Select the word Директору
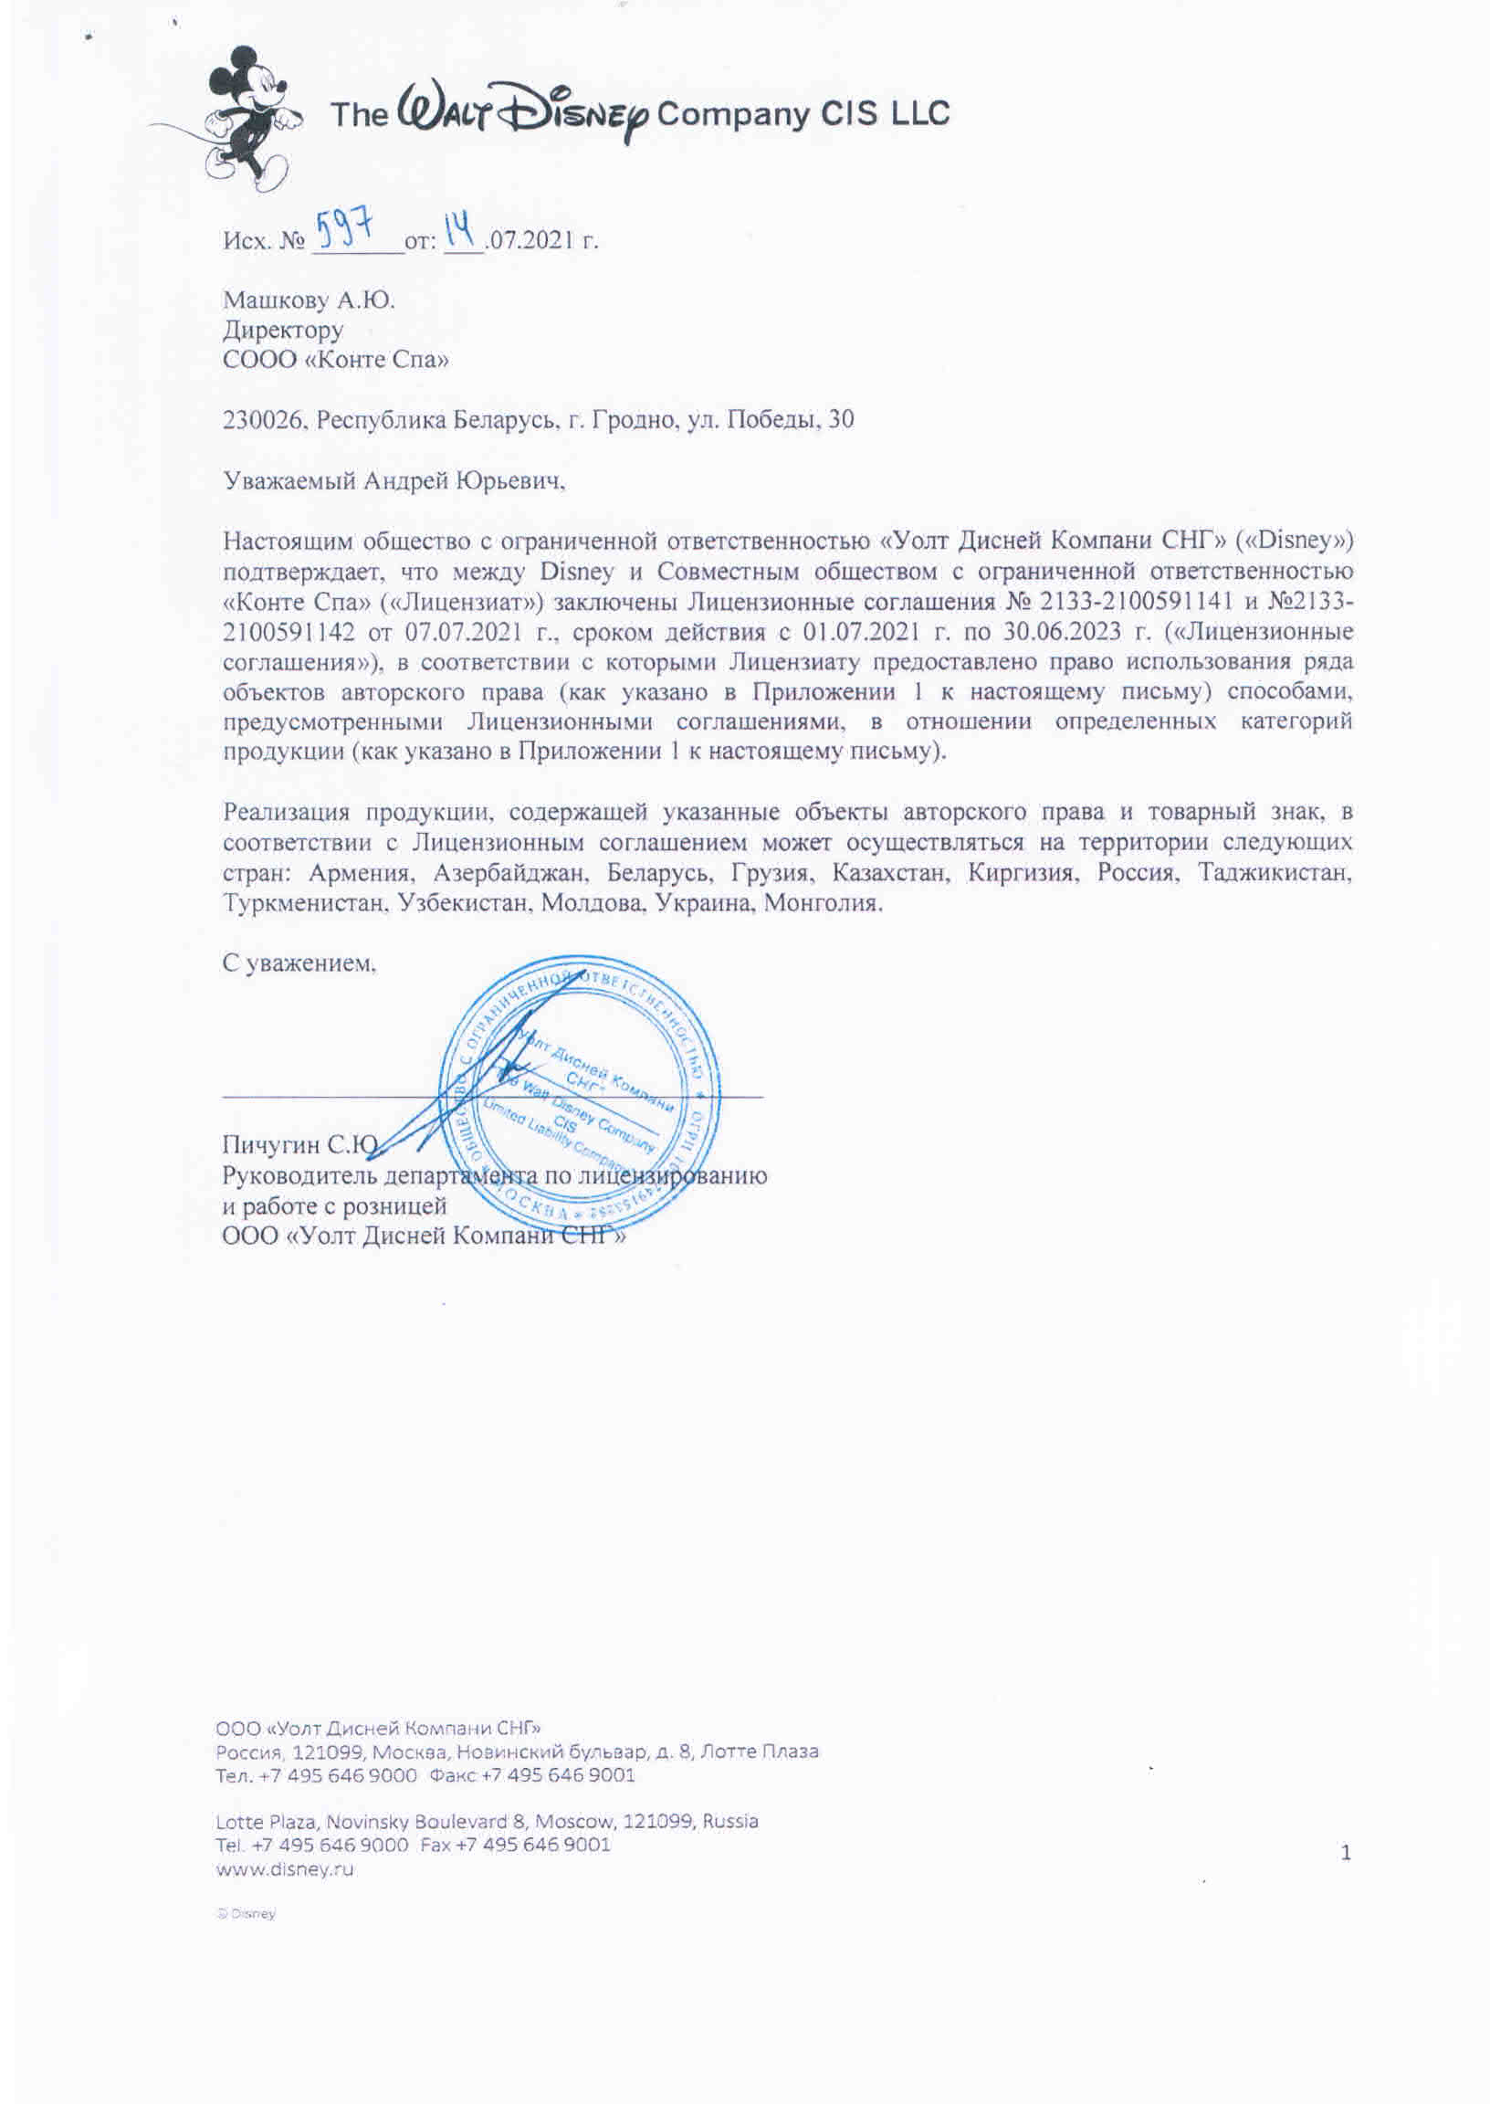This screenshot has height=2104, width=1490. [283, 330]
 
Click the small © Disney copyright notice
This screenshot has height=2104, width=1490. [246, 1914]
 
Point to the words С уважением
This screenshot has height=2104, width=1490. [299, 963]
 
